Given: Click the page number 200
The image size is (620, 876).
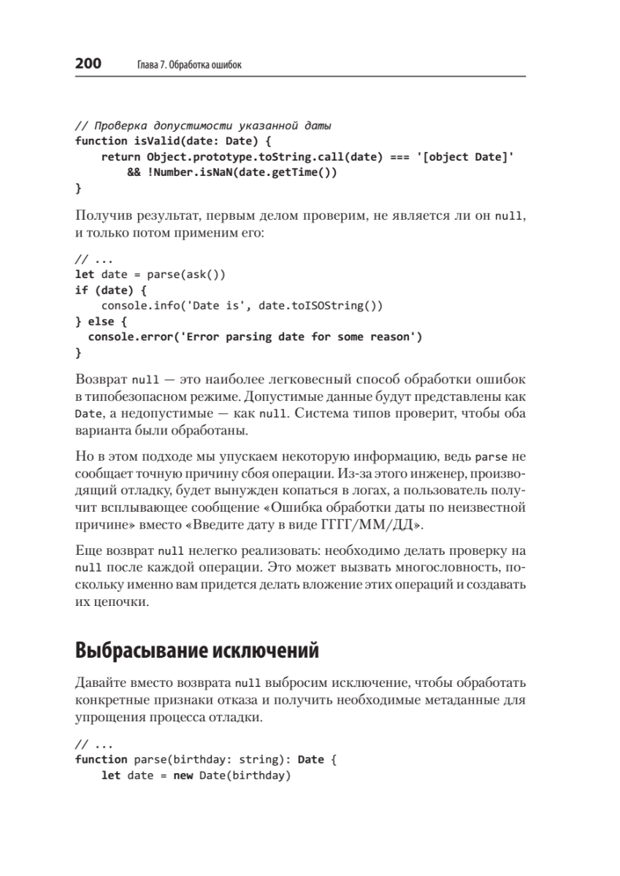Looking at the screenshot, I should click(88, 64).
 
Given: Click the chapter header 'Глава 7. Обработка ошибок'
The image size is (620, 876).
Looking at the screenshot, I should click(189, 65).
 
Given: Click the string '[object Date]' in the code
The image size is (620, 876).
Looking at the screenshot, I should click(469, 157).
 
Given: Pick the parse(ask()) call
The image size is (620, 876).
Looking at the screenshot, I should click(186, 274).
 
